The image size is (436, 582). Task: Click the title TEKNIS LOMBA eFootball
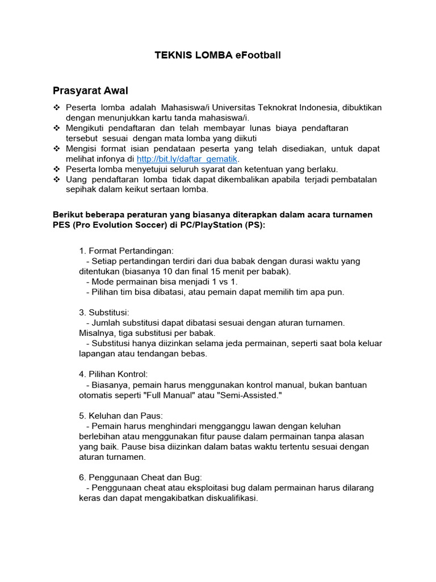point(218,55)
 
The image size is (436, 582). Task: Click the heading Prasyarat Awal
point(90,90)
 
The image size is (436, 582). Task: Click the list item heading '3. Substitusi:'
point(104,312)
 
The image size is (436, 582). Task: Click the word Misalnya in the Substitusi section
point(97,332)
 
